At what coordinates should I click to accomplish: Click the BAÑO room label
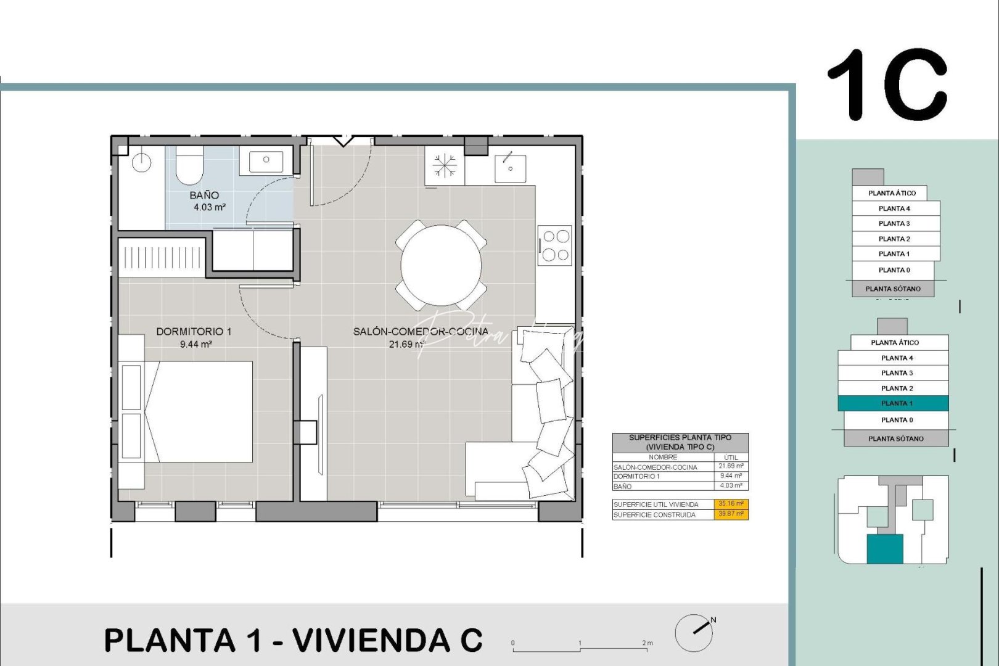204,195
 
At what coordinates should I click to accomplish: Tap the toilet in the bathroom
189,165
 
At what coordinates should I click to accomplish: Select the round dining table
441,265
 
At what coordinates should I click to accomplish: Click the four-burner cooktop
555,245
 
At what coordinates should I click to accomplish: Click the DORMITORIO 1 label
194,332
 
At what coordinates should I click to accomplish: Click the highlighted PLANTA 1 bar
893,403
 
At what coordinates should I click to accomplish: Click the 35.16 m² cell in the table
731,504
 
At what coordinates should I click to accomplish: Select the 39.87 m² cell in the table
731,514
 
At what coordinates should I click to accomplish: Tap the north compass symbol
694,633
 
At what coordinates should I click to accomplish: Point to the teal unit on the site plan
885,549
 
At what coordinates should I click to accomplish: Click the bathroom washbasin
266,160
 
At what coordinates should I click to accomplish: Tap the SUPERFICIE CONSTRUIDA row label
655,515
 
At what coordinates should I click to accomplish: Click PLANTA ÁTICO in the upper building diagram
892,193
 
